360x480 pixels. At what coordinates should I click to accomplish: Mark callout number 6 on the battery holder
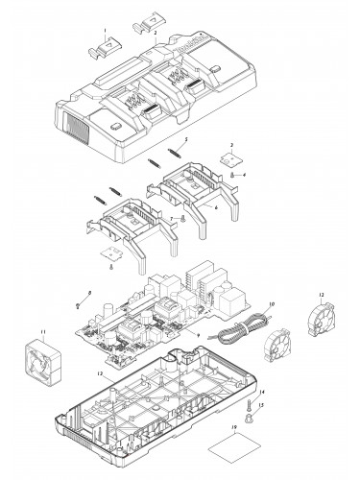(x=215, y=207)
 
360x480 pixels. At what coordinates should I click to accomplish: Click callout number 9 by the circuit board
(x=197, y=333)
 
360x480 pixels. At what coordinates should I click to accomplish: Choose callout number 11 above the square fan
(x=42, y=331)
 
